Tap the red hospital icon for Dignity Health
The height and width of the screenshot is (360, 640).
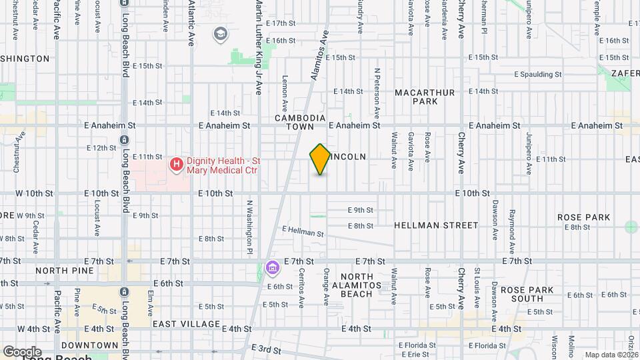(177, 164)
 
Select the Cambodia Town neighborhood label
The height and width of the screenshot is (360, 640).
(300, 121)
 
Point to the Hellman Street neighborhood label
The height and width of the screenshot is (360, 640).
(436, 225)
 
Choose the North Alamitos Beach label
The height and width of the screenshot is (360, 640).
(361, 285)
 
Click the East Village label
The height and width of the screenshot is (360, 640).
(186, 324)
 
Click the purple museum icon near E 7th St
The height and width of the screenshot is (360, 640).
(271, 268)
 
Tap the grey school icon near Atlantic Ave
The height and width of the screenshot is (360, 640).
(219, 33)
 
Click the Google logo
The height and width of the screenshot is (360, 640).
(22, 351)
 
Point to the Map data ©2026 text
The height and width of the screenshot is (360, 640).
(611, 355)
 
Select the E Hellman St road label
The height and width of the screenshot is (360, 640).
(303, 231)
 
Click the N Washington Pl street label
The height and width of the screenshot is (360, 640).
(249, 227)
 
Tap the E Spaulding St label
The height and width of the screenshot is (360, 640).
(538, 74)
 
